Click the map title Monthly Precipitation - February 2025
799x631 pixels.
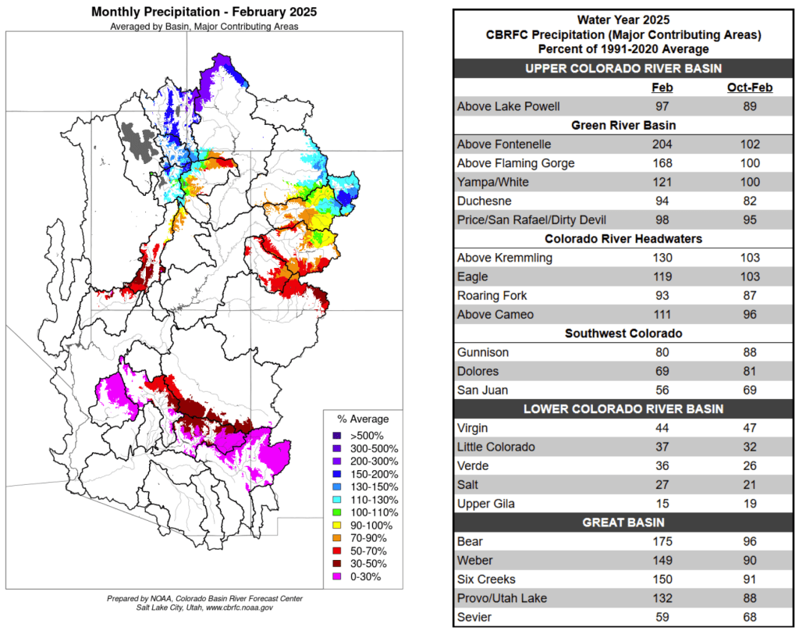point(204,12)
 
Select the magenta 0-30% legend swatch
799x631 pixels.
point(336,577)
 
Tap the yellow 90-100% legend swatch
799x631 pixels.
point(336,525)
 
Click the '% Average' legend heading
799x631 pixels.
point(363,419)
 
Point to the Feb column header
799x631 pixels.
point(662,87)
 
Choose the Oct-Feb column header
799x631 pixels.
point(749,87)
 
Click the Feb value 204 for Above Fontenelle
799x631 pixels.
point(662,144)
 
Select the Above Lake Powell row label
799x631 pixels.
point(508,107)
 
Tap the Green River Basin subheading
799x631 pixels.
point(623,125)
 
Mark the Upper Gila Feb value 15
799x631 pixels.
point(662,503)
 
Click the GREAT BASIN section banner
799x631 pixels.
point(623,522)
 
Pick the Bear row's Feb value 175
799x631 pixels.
point(662,541)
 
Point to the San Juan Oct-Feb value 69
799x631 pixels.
point(749,390)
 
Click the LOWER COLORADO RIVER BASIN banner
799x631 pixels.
point(623,408)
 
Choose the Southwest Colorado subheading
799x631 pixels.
point(623,333)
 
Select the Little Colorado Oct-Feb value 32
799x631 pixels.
point(749,447)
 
